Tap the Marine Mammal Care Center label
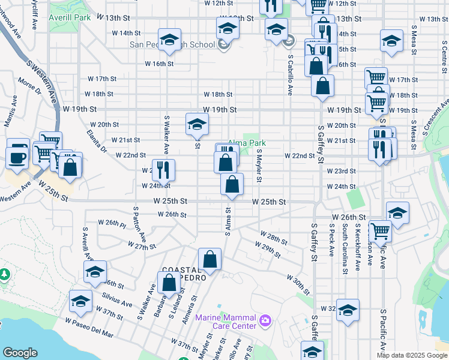pos(224,322)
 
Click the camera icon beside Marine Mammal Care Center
pos(264,322)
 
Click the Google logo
pos(20,353)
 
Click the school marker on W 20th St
pos(197,124)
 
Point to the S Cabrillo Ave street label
pos(290,76)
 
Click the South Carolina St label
pos(345,248)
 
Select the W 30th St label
pos(298,285)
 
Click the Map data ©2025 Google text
pos(411,355)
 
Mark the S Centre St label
pos(429,54)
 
